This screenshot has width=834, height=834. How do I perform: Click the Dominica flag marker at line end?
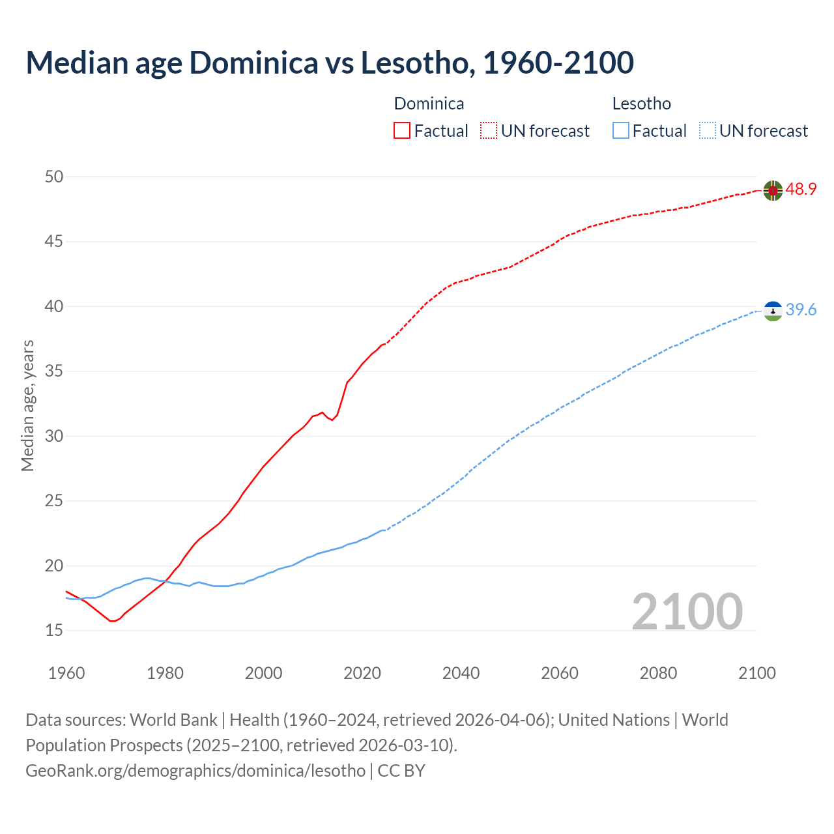(773, 190)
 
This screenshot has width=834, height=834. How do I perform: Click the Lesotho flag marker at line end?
(773, 311)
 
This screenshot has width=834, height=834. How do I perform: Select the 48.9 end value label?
(801, 190)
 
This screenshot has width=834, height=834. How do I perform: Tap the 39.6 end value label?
(801, 310)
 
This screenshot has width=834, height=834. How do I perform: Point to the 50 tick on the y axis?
(55, 177)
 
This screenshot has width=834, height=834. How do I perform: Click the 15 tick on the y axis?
(55, 630)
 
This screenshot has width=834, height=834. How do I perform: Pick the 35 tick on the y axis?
(55, 371)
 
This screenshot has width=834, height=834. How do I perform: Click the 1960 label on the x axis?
(66, 673)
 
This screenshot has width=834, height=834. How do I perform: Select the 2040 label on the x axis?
(461, 673)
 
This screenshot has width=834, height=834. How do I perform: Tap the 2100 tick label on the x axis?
(757, 673)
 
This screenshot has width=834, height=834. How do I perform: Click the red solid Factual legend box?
(402, 131)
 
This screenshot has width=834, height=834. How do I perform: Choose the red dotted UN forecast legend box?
(489, 131)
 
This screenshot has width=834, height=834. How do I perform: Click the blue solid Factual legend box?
(621, 131)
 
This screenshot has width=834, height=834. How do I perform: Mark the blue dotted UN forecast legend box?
(708, 131)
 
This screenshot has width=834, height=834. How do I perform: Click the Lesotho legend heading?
(641, 104)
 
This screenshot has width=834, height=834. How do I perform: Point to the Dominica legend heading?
(429, 104)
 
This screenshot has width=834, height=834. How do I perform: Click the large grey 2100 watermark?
(687, 612)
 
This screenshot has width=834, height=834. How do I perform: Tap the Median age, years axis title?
(27, 405)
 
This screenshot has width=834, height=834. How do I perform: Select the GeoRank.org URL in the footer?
(195, 771)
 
